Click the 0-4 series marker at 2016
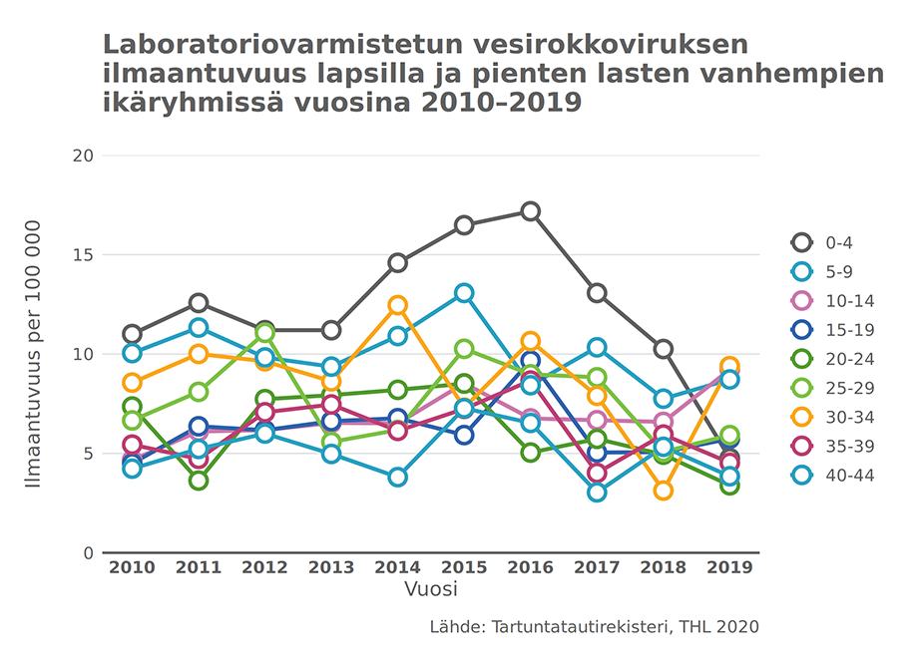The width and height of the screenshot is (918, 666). click(530, 211)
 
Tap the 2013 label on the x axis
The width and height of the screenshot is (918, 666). click(331, 568)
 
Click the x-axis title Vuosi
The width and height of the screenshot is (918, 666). click(431, 589)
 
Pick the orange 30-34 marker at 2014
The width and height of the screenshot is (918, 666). click(397, 305)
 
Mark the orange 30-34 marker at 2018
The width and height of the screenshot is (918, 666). click(663, 491)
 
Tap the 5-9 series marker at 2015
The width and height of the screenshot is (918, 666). click(464, 293)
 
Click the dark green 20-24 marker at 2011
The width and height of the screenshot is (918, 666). click(199, 481)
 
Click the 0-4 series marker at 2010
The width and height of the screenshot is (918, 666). click(132, 334)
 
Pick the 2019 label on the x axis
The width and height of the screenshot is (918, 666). click(729, 568)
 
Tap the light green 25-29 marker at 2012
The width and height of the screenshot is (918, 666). click(264, 333)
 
